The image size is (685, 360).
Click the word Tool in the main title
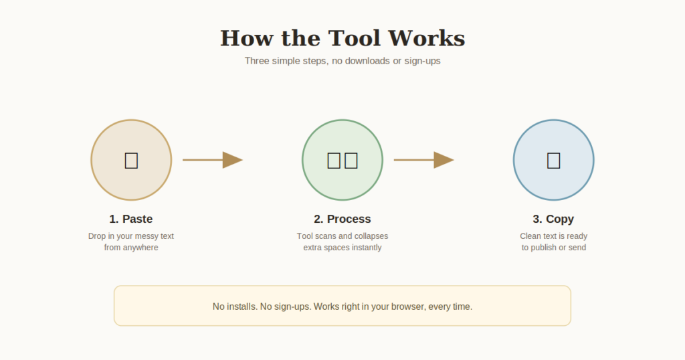pos(354,38)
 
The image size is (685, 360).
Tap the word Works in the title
pos(426,38)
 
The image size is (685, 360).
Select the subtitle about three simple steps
pos(342,61)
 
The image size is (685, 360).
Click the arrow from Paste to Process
pos(213,160)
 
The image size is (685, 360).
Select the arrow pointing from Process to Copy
pos(423,160)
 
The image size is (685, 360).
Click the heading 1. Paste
pos(131,219)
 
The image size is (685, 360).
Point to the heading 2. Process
pos(342,219)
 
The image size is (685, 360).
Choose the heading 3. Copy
pos(553,219)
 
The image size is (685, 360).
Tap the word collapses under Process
pos(369,236)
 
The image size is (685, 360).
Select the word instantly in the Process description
pos(366,248)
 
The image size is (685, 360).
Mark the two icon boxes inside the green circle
pos(342,161)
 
